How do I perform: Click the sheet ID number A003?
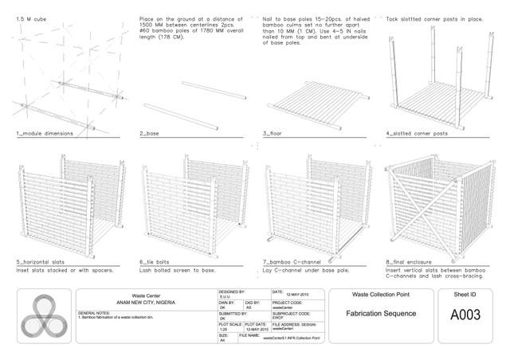tap(465, 315)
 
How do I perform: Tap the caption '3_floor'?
tap(275, 135)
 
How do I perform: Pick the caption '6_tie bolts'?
tap(159, 260)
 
